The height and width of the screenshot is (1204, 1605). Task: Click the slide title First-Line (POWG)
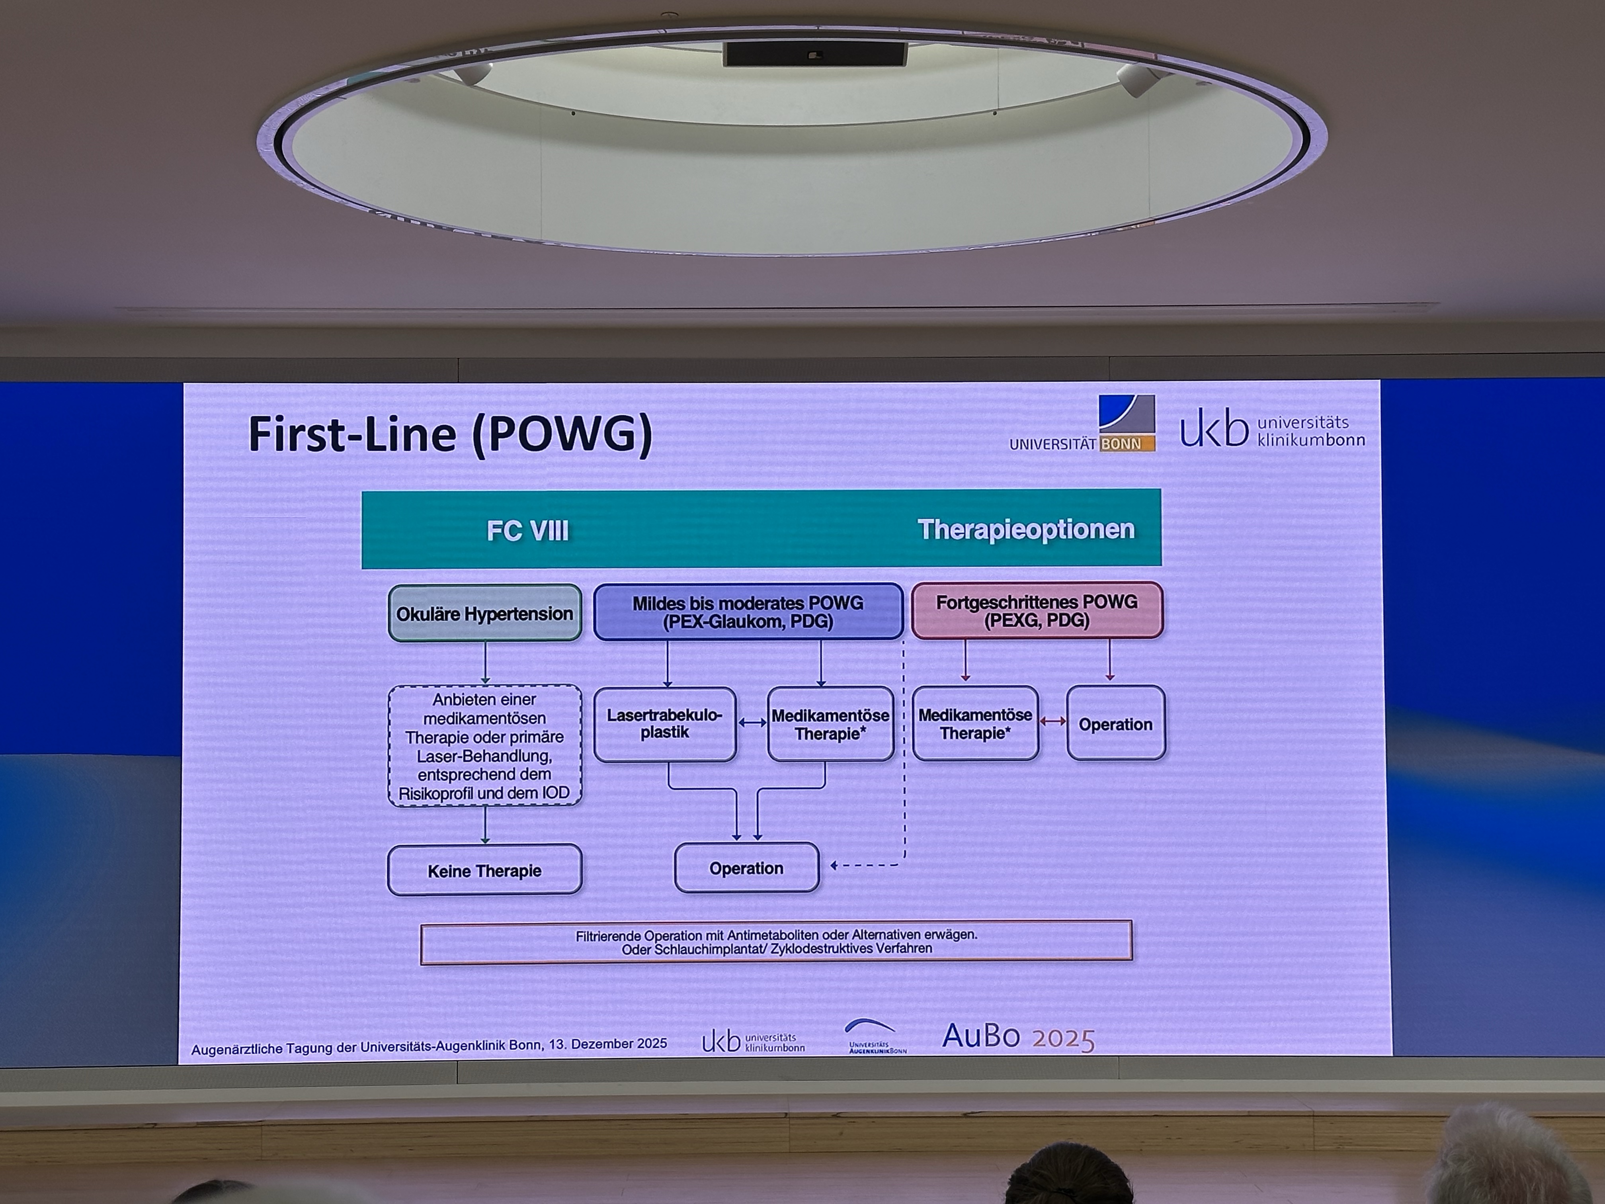tap(450, 434)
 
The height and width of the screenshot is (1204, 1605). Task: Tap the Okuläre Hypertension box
tap(485, 613)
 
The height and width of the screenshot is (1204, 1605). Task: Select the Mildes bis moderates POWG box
tap(748, 612)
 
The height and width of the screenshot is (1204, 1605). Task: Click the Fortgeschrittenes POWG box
tap(1037, 610)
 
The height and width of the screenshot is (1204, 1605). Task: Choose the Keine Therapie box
tap(485, 870)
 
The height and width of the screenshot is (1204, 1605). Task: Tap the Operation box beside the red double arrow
tap(1116, 723)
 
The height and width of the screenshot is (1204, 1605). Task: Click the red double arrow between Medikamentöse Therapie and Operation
tap(1053, 721)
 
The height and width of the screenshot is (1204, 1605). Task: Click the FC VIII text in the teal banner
tap(527, 530)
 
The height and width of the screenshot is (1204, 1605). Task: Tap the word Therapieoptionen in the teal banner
tap(1026, 529)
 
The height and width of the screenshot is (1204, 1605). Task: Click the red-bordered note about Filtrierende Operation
tap(776, 942)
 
